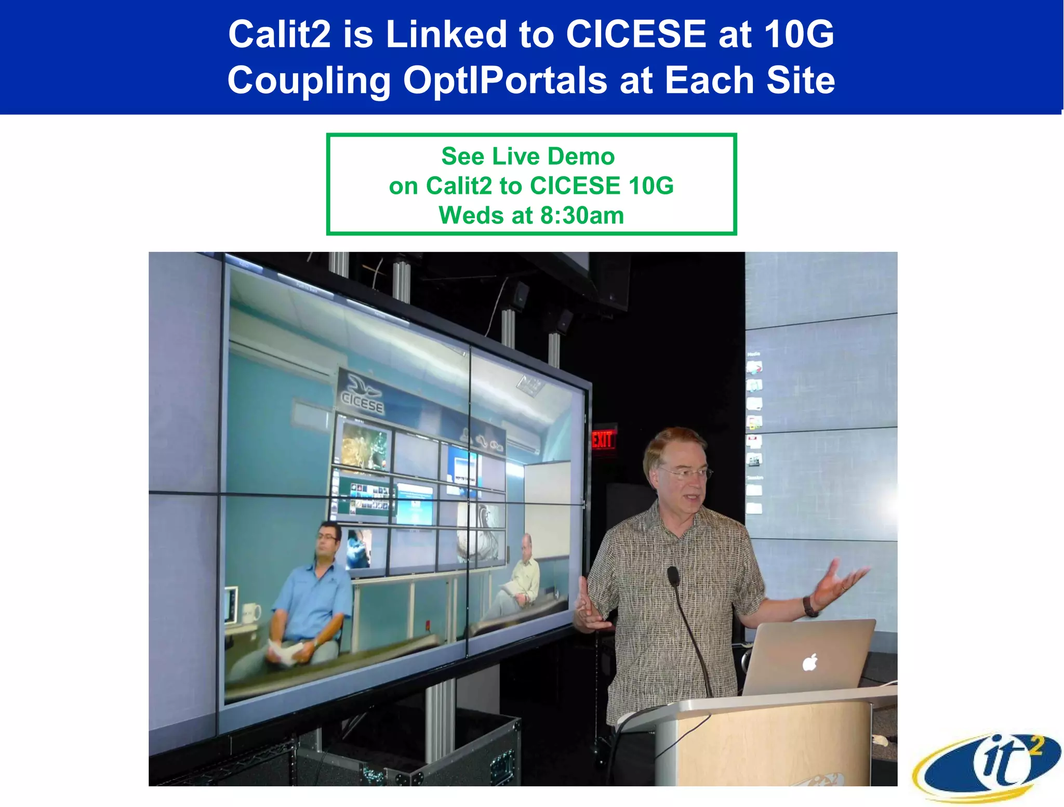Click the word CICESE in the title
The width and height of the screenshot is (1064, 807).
635,34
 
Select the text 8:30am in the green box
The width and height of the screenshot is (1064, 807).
582,215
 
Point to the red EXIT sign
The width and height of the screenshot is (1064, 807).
603,440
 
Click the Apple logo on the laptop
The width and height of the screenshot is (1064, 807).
810,663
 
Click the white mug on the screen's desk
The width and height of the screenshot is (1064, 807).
251,614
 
